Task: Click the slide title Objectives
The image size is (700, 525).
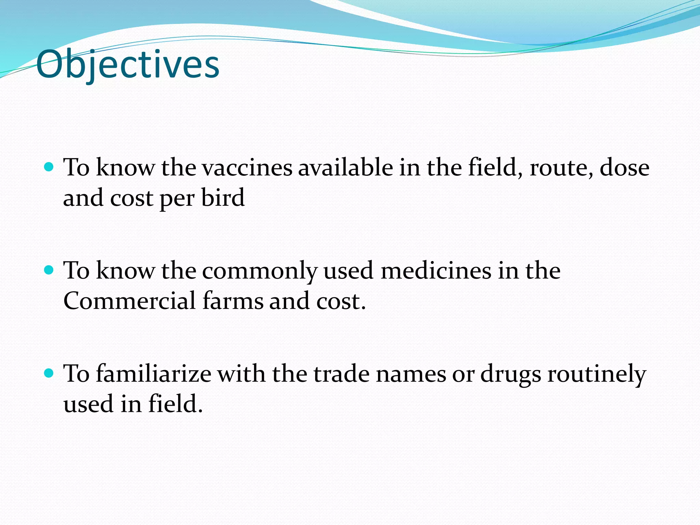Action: (x=127, y=64)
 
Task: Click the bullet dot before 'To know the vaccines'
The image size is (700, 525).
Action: (x=49, y=167)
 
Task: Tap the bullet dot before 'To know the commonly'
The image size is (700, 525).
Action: (x=49, y=270)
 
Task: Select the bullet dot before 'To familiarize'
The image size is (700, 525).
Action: (x=49, y=373)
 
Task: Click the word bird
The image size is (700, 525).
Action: (x=223, y=198)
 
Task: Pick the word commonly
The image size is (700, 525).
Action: (x=259, y=271)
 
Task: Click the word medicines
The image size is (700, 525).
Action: (x=436, y=271)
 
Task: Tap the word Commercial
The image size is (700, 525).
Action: (x=130, y=301)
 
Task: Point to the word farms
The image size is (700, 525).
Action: (x=233, y=301)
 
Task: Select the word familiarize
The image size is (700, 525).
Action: (x=154, y=374)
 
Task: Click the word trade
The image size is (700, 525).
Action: (x=341, y=374)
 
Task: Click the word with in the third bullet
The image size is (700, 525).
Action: (x=241, y=374)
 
